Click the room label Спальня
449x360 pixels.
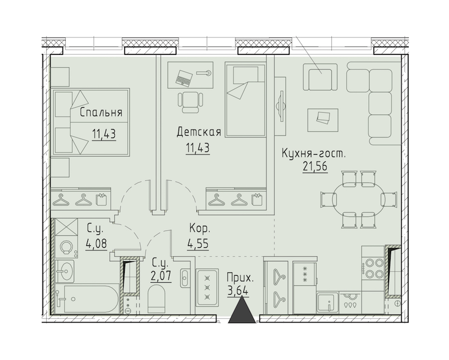101,112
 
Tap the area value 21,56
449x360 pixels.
315,166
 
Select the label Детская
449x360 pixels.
199,132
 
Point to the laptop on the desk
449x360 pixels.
184,78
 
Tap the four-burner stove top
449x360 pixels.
372,268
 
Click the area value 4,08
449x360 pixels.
96,244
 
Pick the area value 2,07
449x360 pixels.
161,276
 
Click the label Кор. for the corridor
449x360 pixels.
200,228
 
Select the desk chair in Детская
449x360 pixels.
191,102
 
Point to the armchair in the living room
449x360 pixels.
320,77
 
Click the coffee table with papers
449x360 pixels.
323,120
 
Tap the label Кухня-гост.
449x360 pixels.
314,153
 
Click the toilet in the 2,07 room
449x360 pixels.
157,300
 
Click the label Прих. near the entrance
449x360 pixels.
240,278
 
